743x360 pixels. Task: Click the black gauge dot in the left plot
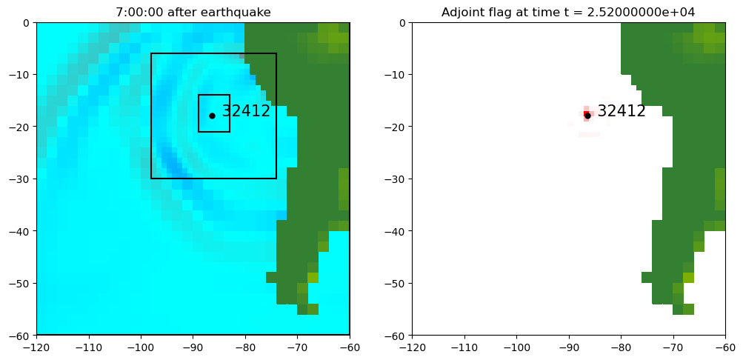click(212, 116)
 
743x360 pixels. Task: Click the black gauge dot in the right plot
click(587, 116)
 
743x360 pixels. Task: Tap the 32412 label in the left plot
click(246, 112)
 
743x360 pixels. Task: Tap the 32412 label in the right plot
click(622, 112)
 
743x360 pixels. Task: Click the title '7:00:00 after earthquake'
click(193, 12)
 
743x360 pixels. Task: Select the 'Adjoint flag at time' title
click(504, 12)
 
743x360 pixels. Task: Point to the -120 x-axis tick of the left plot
click(36, 346)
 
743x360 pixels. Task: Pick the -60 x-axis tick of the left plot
click(350, 346)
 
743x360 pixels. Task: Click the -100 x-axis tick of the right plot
click(516, 346)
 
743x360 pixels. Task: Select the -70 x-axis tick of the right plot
click(673, 346)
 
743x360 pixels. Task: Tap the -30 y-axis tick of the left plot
click(21, 179)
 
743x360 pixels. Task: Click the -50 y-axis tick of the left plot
click(21, 283)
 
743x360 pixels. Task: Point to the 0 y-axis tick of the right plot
click(402, 22)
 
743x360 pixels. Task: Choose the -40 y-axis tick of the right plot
click(396, 231)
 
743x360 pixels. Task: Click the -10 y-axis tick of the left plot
click(21, 74)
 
